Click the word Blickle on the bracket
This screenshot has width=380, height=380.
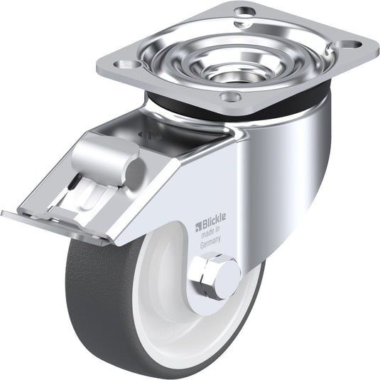click(x=214, y=220)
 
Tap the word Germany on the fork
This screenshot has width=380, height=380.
click(x=210, y=242)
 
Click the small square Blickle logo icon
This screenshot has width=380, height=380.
click(x=198, y=227)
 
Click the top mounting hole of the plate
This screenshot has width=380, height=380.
click(x=245, y=11)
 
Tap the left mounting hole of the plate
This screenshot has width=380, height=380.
click(x=127, y=64)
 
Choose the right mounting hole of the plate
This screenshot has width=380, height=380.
click(x=349, y=44)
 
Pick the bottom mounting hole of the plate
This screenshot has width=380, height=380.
click(x=231, y=96)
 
